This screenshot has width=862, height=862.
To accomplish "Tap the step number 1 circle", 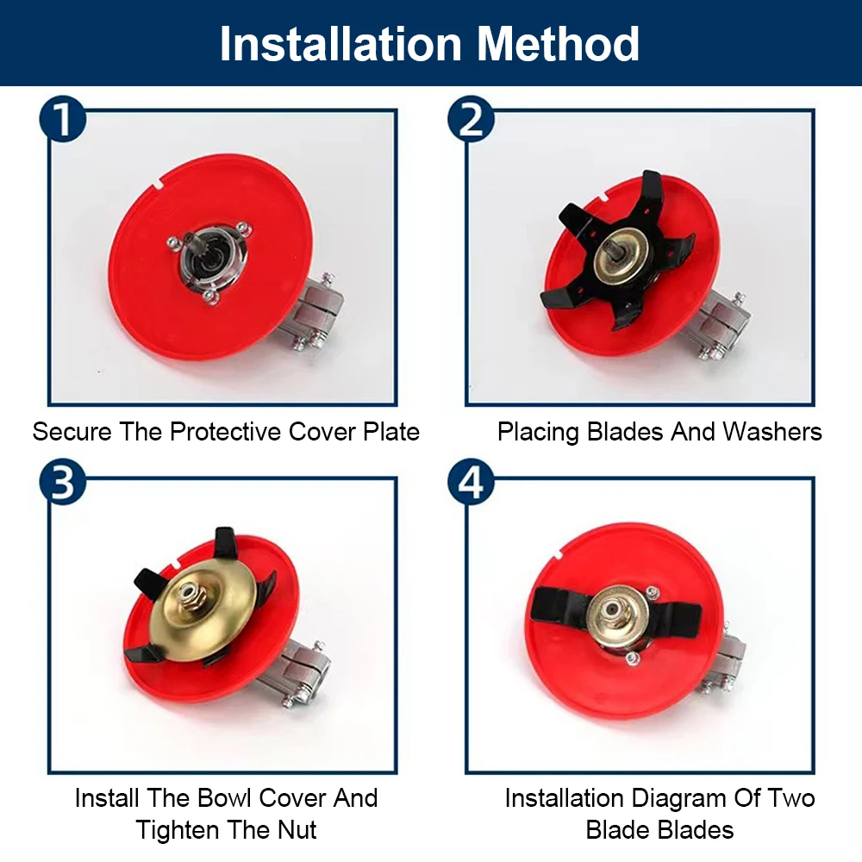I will [63, 121].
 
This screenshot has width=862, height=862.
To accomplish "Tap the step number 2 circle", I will [471, 121].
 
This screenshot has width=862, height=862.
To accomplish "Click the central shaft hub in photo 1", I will [208, 258].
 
